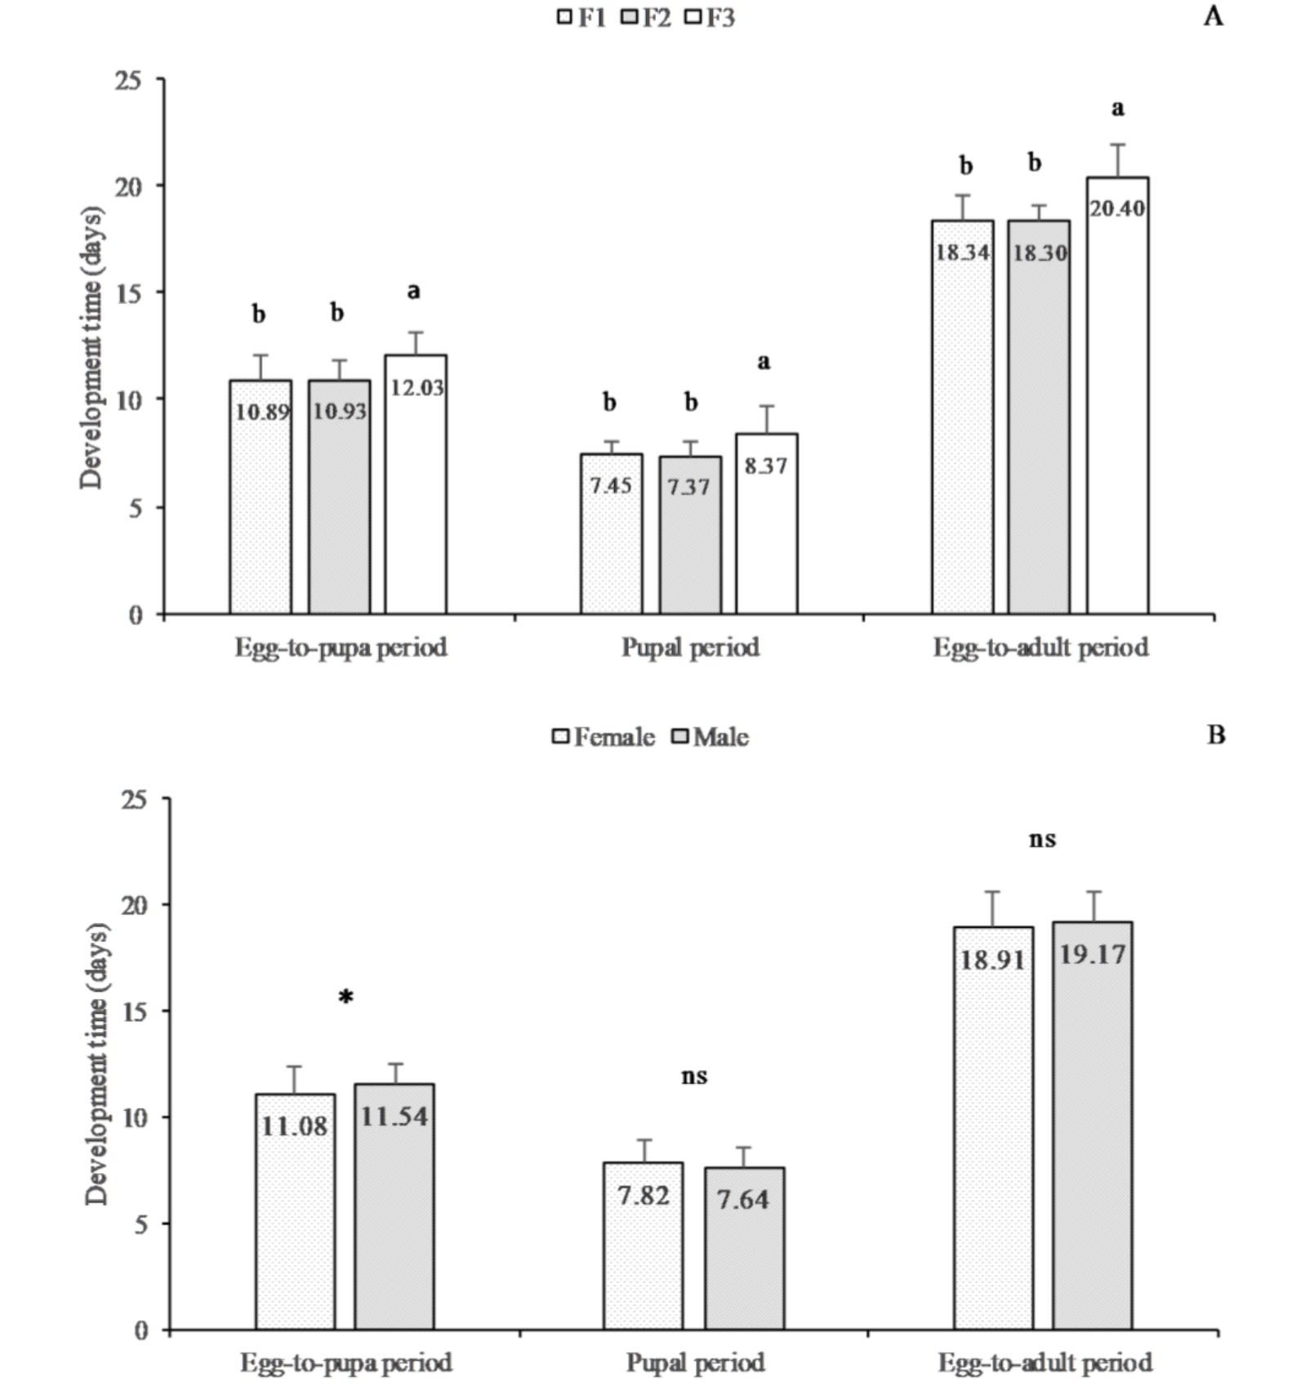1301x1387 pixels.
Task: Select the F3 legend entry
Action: point(710,17)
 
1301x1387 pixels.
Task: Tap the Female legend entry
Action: point(604,737)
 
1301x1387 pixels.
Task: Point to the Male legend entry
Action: point(710,737)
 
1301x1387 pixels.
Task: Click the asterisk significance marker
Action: point(346,997)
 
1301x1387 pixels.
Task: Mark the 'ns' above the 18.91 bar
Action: point(1042,840)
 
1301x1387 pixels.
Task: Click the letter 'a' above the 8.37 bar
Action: point(764,361)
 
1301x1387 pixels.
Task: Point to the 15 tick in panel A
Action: point(128,293)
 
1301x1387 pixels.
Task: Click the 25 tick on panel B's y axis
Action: point(135,800)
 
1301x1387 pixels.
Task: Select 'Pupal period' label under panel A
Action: point(690,647)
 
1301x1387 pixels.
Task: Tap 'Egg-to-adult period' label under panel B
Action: point(1045,1362)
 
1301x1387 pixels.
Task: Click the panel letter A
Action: point(1214,16)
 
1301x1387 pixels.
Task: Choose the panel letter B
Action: point(1216,735)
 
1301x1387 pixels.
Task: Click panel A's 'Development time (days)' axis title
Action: point(92,348)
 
